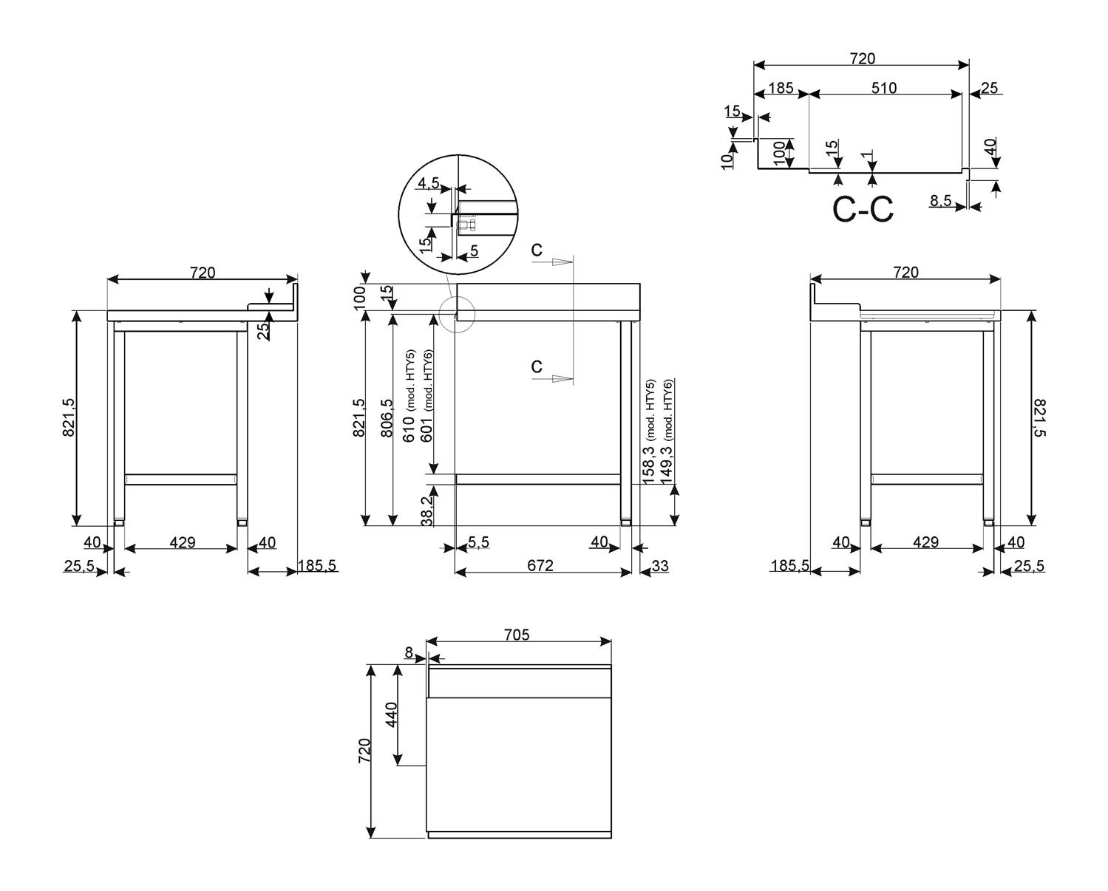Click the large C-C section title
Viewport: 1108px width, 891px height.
(x=863, y=210)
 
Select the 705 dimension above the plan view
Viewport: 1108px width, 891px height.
(x=517, y=635)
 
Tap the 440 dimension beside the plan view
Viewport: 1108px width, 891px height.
(x=391, y=714)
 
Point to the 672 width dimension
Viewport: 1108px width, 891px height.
(x=540, y=566)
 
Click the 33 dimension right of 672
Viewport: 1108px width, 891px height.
(x=659, y=566)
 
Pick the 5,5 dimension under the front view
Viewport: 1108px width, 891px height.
(x=477, y=542)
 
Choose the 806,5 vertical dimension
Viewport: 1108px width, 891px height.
(x=386, y=418)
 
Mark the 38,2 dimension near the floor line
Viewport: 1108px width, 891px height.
(x=426, y=511)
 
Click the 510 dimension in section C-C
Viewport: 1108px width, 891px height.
(x=883, y=88)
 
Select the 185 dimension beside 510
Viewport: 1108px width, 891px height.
(x=781, y=88)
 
